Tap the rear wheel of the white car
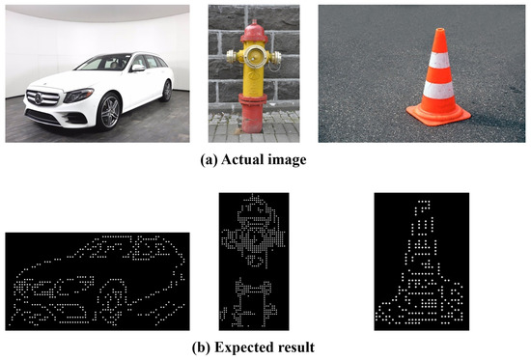(167, 92)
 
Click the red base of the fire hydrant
(253, 121)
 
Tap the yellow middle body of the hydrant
(254, 82)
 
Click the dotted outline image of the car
(99, 278)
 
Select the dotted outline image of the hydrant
(254, 261)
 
